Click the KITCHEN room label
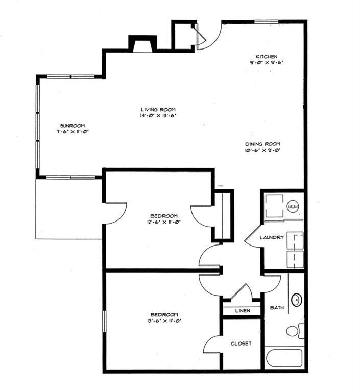click(267, 56)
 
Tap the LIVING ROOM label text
click(158, 109)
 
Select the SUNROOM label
click(72, 126)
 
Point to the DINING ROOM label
click(262, 144)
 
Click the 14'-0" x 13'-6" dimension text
click(158, 116)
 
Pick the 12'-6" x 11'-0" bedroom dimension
click(164, 222)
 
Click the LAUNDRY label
click(272, 237)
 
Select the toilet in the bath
click(293, 331)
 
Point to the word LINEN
click(243, 311)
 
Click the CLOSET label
click(241, 344)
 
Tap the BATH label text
click(277, 308)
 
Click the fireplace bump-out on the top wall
click(141, 44)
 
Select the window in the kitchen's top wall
click(267, 22)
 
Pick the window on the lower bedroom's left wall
click(104, 322)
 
